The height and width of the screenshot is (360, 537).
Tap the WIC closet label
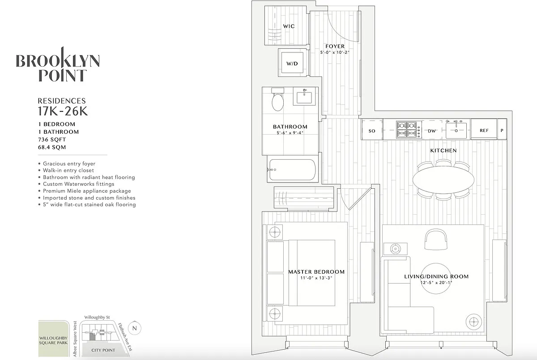click(289, 26)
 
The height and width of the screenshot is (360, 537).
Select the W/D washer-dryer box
click(292, 64)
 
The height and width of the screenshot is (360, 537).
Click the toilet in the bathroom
click(278, 101)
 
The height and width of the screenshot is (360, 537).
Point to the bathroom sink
click(305, 97)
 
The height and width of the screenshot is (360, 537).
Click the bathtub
click(292, 169)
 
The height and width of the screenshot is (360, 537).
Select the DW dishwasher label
click(432, 131)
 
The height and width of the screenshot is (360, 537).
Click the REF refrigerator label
click(484, 131)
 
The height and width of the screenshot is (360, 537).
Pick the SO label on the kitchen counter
click(371, 131)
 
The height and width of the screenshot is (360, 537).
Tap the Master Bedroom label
click(316, 271)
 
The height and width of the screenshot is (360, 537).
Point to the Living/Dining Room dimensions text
click(436, 283)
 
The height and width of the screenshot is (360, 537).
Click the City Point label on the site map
click(103, 350)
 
